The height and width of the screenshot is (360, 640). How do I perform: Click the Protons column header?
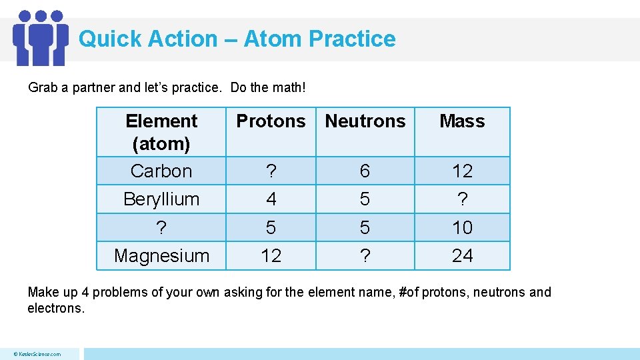pyautogui.click(x=271, y=121)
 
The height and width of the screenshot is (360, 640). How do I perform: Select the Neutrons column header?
pyautogui.click(x=365, y=121)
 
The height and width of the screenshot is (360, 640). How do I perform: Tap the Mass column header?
pyautogui.click(x=462, y=121)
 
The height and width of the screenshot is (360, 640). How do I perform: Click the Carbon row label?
pyautogui.click(x=161, y=171)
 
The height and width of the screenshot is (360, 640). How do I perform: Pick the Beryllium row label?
pyautogui.click(x=161, y=199)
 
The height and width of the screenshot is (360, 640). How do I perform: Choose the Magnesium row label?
pyautogui.click(x=161, y=256)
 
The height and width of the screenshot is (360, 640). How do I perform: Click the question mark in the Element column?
pyautogui.click(x=161, y=228)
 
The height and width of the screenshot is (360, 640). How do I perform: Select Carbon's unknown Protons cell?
pyautogui.click(x=271, y=171)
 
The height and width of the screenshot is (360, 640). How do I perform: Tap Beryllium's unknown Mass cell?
pyautogui.click(x=462, y=199)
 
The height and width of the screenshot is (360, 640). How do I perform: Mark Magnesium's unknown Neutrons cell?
pyautogui.click(x=365, y=256)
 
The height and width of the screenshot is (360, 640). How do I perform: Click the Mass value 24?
pyautogui.click(x=462, y=256)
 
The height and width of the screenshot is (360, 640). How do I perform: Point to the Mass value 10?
pyautogui.click(x=462, y=228)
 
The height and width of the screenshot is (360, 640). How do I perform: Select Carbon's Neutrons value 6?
pyautogui.click(x=365, y=171)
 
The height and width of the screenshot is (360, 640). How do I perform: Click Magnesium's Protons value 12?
pyautogui.click(x=271, y=256)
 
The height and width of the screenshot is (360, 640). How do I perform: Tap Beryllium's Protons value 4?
pyautogui.click(x=271, y=199)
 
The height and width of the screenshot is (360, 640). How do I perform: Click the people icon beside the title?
pyautogui.click(x=41, y=37)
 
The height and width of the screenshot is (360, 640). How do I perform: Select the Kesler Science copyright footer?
pyautogui.click(x=39, y=354)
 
